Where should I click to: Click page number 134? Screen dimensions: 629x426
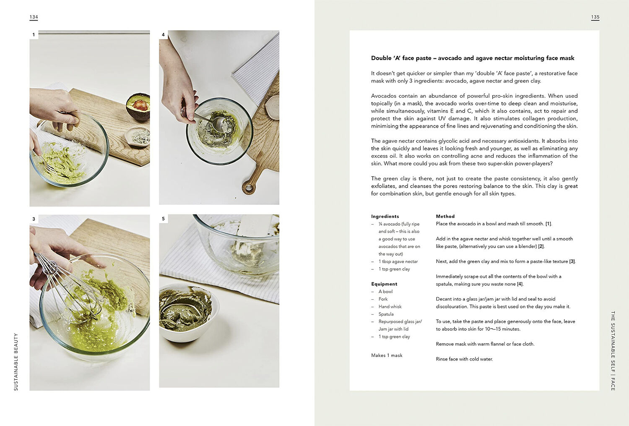[34, 17]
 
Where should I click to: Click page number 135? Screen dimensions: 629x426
[595, 17]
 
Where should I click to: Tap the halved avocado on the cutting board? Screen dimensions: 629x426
[138, 107]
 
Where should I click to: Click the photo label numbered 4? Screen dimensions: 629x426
[163, 34]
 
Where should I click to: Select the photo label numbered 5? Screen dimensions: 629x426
[163, 219]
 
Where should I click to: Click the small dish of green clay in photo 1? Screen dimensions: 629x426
[138, 137]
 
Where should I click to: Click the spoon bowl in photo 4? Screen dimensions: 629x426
[219, 124]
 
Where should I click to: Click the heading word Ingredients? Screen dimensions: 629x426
[385, 216]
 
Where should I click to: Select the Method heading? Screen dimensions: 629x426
[445, 216]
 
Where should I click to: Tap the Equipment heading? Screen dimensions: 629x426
[384, 284]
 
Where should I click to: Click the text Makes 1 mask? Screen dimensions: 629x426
[387, 355]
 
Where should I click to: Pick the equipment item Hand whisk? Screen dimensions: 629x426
[390, 306]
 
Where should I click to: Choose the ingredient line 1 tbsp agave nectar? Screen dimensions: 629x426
[398, 261]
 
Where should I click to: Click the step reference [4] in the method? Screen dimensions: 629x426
[520, 284]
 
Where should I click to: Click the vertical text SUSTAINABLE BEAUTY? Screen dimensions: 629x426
[16, 362]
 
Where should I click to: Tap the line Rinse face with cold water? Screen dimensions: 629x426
[464, 359]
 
